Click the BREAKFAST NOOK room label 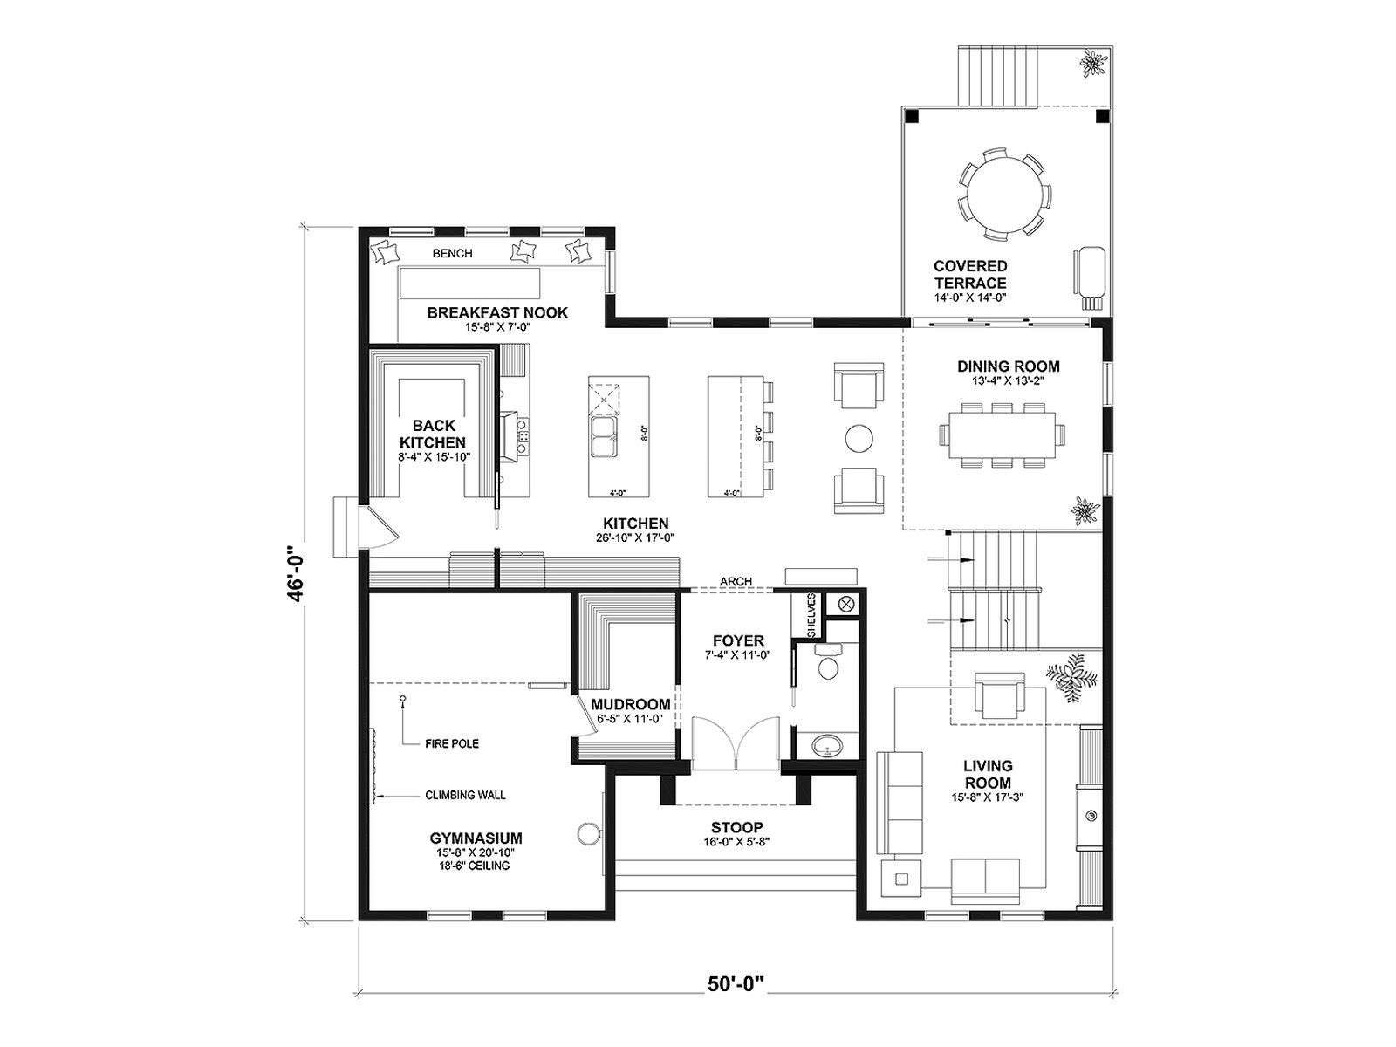[496, 312]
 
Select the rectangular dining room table [1003, 435]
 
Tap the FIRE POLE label [452, 743]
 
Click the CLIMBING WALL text [466, 795]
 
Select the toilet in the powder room [827, 661]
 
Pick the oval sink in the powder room [827, 745]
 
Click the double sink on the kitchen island [603, 436]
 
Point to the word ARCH [736, 581]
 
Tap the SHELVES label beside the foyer [811, 615]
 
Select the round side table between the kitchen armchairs [859, 438]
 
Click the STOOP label [736, 828]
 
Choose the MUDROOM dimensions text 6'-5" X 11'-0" [630, 719]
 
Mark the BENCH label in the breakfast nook [452, 253]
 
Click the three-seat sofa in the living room [900, 802]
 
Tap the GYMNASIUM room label [476, 838]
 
